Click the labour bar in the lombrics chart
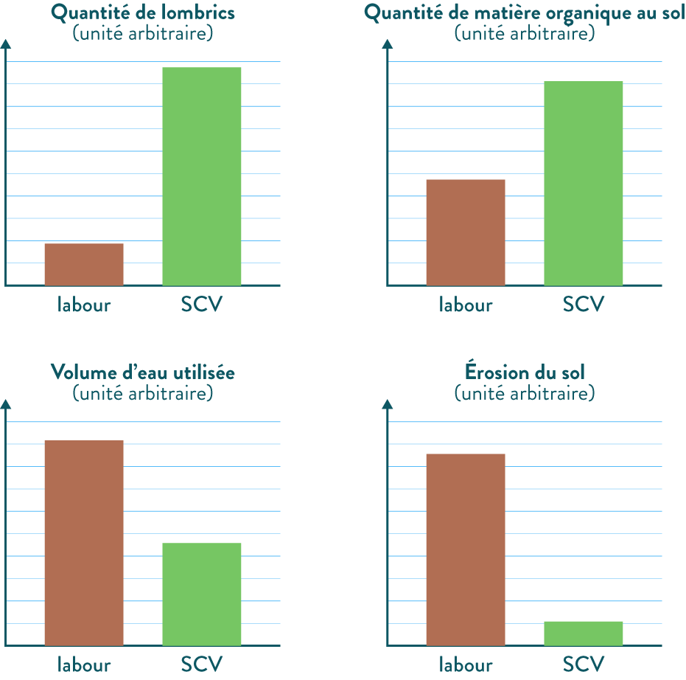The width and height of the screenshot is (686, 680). [x=84, y=264]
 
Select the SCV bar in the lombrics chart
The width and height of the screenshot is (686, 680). [x=202, y=176]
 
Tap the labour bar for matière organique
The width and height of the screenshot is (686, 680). [x=466, y=232]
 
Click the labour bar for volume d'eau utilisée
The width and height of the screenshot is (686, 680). [x=84, y=543]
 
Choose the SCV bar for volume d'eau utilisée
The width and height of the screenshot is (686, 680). [x=202, y=594]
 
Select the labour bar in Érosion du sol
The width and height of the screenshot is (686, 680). [x=466, y=549]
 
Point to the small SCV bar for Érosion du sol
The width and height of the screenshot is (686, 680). [x=584, y=634]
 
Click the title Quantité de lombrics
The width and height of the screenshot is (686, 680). [x=143, y=13]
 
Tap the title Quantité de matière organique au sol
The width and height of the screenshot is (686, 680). [x=525, y=13]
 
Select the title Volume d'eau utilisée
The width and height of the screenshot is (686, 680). [x=143, y=373]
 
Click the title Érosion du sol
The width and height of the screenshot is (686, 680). [x=525, y=373]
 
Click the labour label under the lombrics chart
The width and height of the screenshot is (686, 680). [x=84, y=305]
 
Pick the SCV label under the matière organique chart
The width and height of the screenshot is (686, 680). [x=584, y=305]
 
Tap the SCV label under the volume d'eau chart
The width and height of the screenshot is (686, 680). [x=202, y=665]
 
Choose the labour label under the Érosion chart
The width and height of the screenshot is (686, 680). [x=466, y=665]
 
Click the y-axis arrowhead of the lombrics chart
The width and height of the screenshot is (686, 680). [x=6, y=44]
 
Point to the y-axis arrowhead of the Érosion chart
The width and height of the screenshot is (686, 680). [x=388, y=404]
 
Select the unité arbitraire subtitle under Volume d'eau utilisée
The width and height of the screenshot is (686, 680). [x=143, y=393]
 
